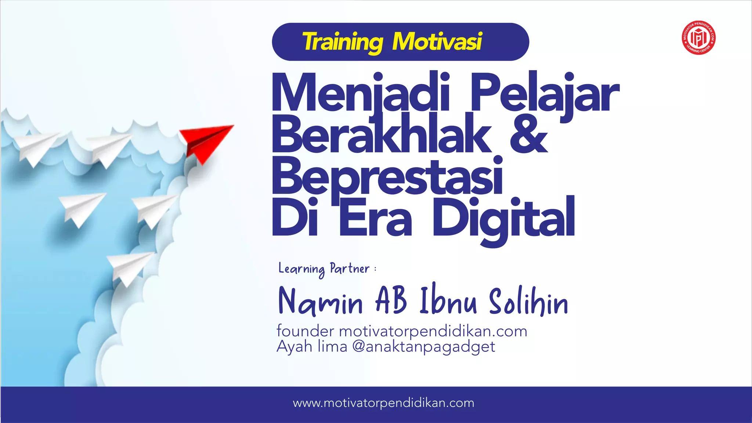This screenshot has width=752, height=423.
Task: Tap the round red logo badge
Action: pyautogui.click(x=698, y=37)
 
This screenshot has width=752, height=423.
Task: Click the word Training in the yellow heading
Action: pyautogui.click(x=342, y=42)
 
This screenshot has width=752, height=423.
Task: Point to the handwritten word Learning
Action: pyautogui.click(x=301, y=269)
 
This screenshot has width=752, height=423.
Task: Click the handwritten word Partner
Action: pyautogui.click(x=350, y=268)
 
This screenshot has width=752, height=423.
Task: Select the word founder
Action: pyautogui.click(x=305, y=331)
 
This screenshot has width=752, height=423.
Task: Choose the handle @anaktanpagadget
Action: pyautogui.click(x=423, y=347)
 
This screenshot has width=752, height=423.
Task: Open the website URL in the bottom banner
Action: pyautogui.click(x=383, y=403)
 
